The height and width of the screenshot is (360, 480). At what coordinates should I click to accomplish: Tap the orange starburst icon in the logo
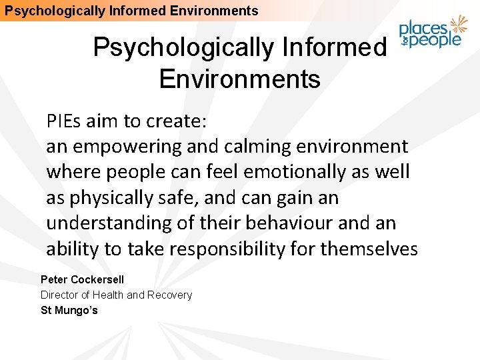pyautogui.click(x=458, y=25)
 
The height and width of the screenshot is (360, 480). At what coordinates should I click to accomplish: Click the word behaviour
pyautogui.click(x=294, y=223)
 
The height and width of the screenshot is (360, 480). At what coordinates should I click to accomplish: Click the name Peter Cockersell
pyautogui.click(x=82, y=279)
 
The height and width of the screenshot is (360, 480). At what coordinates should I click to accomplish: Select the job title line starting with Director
pyautogui.click(x=116, y=295)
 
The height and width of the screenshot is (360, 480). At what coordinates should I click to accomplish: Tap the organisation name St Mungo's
pyautogui.click(x=69, y=310)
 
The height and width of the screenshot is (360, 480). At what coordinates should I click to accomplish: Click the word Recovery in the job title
pyautogui.click(x=169, y=295)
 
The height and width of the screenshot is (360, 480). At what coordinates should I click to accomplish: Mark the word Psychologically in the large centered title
pyautogui.click(x=183, y=48)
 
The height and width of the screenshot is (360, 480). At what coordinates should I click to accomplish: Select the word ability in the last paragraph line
pyautogui.click(x=69, y=249)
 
